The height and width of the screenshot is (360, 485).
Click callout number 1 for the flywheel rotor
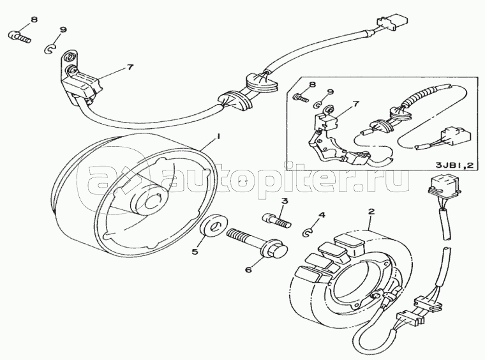tap(218, 136)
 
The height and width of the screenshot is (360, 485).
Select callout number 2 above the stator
tap(371, 211)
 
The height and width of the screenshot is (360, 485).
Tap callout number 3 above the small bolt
tap(285, 201)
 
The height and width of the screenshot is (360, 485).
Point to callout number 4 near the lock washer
tap(322, 214)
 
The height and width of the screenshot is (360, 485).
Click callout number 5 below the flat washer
tap(195, 251)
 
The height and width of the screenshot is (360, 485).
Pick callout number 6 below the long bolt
tap(248, 270)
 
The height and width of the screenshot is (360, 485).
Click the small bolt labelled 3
tap(276, 221)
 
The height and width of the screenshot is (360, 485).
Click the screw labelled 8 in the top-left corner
tap(19, 37)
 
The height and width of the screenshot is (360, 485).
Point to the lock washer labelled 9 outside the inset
tap(50, 49)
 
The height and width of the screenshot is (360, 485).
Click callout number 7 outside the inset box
tap(130, 67)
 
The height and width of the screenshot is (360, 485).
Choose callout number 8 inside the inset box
tap(313, 84)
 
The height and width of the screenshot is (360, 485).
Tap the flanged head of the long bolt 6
tap(275, 249)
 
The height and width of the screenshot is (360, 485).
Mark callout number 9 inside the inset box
tap(331, 92)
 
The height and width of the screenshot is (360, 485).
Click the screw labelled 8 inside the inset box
tap(300, 98)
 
